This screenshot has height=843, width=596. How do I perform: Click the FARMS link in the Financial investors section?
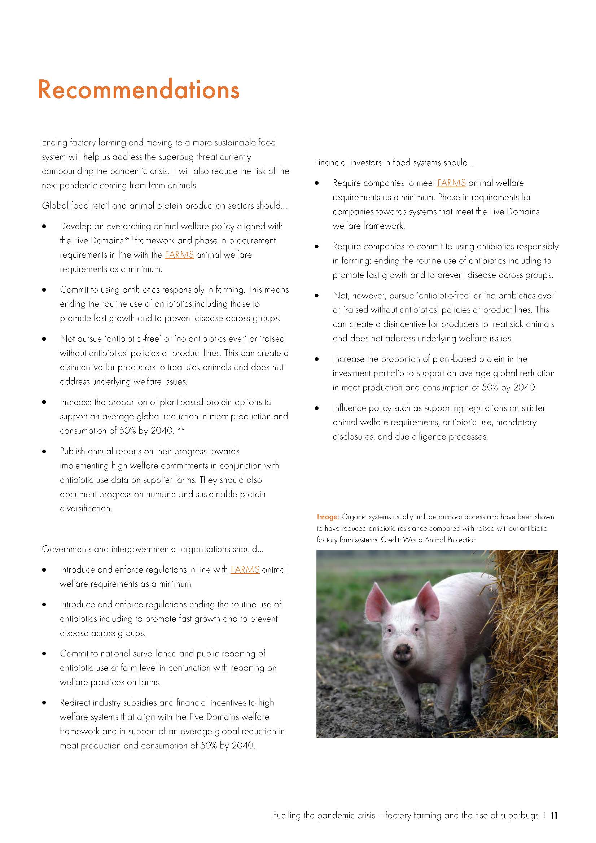(x=451, y=183)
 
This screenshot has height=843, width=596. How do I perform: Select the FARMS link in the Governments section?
(x=245, y=569)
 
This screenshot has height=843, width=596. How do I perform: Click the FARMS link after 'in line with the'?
(x=179, y=254)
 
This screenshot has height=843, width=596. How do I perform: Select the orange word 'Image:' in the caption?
(x=328, y=517)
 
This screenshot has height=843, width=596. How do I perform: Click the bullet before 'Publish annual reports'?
(x=44, y=451)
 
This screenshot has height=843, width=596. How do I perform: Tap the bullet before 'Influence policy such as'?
(x=317, y=408)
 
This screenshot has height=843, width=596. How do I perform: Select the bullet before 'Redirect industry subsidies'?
(x=44, y=703)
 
